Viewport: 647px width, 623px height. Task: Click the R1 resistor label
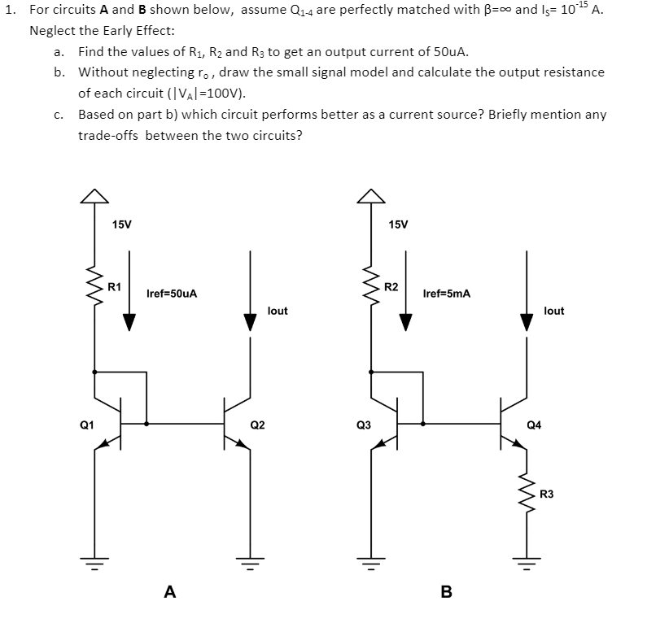115,287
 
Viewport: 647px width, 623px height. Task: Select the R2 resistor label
391,287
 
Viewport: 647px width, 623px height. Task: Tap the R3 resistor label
546,494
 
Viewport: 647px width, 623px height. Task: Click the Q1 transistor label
86,425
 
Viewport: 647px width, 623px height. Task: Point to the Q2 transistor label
257,425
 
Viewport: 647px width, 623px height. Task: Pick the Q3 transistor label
363,425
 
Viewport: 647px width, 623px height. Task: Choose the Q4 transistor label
534,425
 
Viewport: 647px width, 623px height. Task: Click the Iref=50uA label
172,293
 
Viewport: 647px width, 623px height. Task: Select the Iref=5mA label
447,293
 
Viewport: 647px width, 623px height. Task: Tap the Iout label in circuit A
278,311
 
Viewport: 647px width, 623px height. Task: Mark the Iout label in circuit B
553,311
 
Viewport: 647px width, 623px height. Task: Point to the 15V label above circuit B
399,224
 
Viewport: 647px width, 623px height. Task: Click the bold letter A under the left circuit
169,592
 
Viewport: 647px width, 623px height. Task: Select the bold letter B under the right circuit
445,592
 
